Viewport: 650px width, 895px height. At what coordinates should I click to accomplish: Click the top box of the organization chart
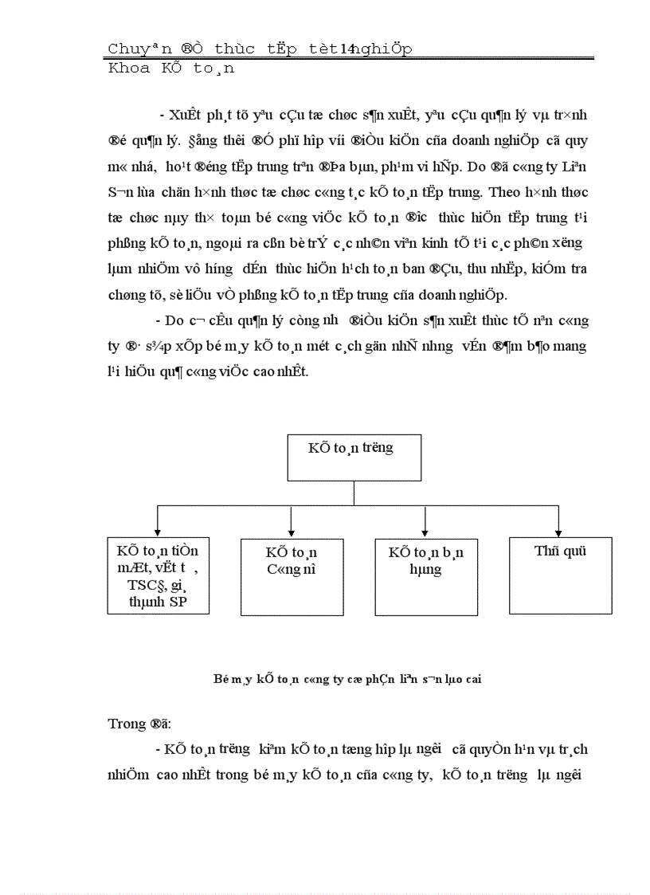click(354, 457)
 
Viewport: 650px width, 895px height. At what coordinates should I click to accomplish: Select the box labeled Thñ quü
click(560, 575)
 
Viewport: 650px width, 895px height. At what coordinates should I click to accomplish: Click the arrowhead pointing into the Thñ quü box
click(558, 532)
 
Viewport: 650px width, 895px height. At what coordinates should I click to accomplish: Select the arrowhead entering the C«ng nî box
click(292, 532)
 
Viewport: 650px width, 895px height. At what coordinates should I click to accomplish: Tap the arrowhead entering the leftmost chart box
click(158, 532)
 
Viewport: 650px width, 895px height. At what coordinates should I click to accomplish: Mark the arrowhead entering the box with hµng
click(425, 532)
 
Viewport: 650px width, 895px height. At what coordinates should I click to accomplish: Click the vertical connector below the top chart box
click(354, 493)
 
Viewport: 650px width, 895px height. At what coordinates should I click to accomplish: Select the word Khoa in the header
click(128, 69)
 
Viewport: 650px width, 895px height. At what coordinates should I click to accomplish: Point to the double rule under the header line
click(350, 58)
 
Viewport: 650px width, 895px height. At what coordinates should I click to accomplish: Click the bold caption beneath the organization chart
click(346, 679)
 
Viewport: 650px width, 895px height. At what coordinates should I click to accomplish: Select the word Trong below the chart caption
click(123, 724)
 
